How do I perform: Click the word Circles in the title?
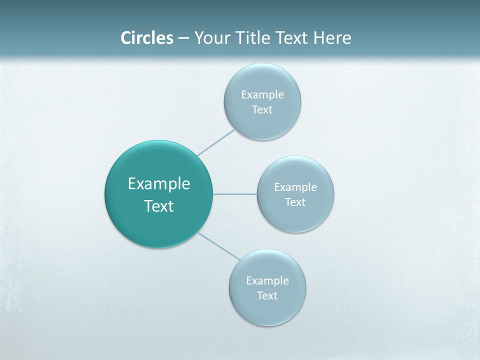[147, 38]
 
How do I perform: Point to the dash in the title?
[183, 38]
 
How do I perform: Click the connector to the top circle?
[216, 142]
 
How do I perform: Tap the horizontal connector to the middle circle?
[234, 193]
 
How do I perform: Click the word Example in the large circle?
[159, 183]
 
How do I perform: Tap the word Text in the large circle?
[159, 206]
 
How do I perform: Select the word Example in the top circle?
[262, 94]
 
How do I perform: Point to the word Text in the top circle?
[262, 109]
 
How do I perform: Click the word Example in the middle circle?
[295, 187]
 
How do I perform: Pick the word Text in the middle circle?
[295, 202]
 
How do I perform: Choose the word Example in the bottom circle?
[267, 280]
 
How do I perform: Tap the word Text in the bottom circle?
[267, 295]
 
